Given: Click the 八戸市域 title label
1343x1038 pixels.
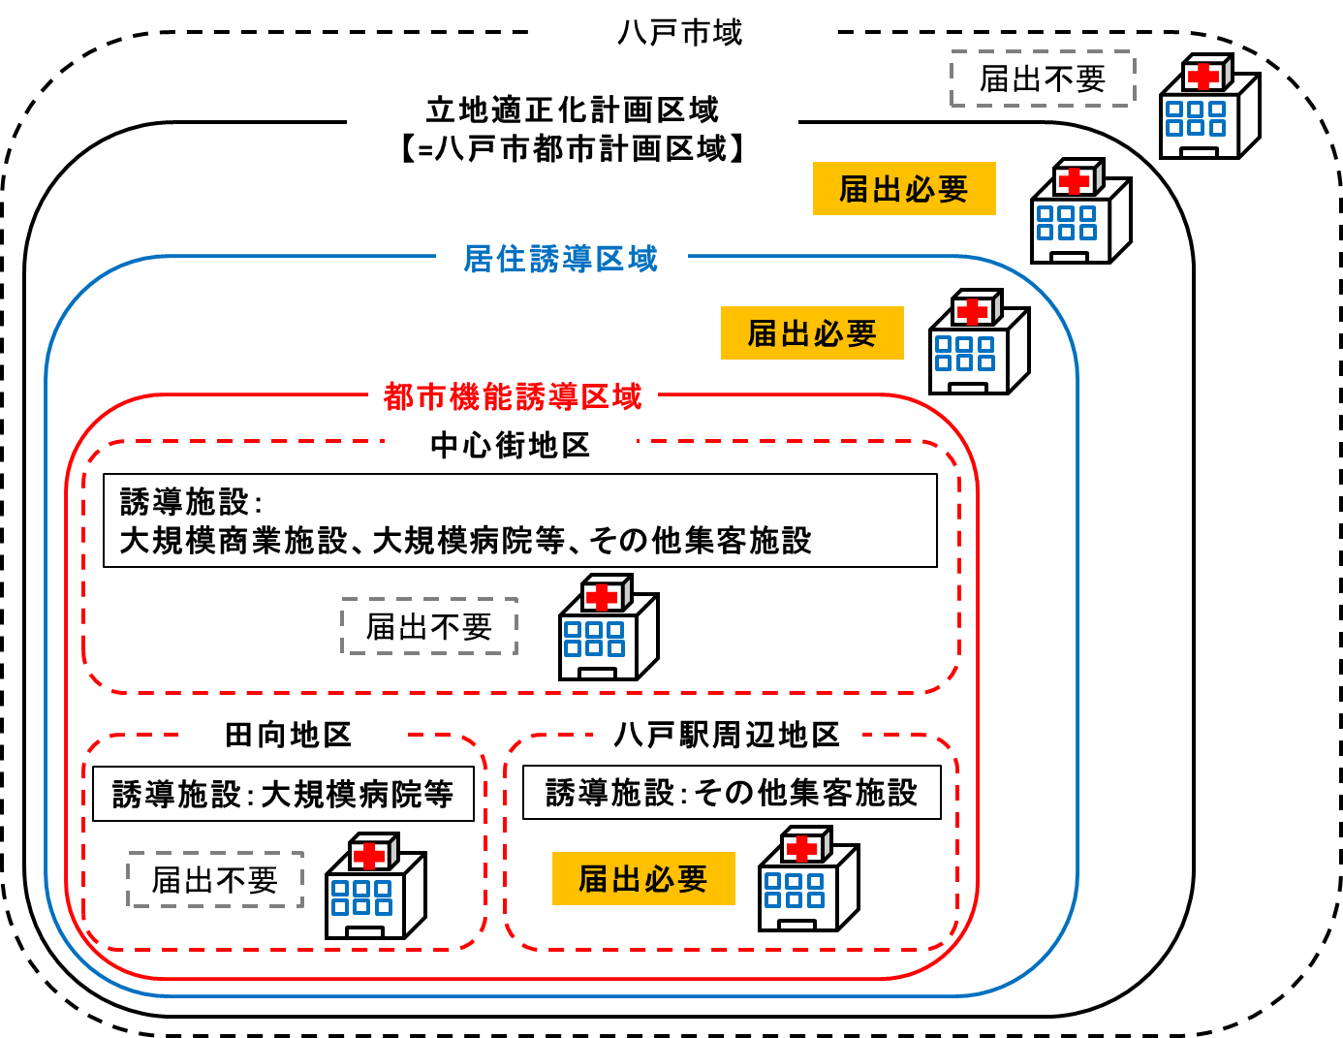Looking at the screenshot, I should click(x=679, y=33).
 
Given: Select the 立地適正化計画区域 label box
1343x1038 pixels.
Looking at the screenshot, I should click(x=572, y=129).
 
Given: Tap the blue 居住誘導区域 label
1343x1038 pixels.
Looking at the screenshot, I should click(x=561, y=259).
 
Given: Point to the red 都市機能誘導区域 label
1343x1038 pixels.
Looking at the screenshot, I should click(x=513, y=396).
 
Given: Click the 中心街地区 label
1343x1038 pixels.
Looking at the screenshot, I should click(x=510, y=446).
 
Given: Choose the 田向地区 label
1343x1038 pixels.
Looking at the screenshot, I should click(x=288, y=735).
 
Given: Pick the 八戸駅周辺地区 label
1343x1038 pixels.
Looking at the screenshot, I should click(x=727, y=735).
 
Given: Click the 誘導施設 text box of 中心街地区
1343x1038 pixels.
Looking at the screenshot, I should click(x=519, y=520).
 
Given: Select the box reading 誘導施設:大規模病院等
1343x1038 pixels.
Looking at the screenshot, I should click(x=283, y=795).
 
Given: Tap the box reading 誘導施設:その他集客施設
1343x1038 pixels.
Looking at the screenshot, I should click(x=732, y=793).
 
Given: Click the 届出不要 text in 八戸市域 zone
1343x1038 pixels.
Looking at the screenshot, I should click(x=1043, y=79).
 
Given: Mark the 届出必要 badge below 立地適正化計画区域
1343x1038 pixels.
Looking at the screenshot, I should click(x=903, y=189).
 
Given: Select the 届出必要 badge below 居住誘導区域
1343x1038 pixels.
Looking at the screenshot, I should click(x=812, y=333).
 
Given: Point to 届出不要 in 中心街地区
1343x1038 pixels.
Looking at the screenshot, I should click(x=429, y=628).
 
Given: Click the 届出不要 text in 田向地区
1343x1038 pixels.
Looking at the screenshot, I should click(x=215, y=880).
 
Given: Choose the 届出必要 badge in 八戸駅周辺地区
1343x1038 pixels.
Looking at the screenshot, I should click(x=643, y=879).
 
